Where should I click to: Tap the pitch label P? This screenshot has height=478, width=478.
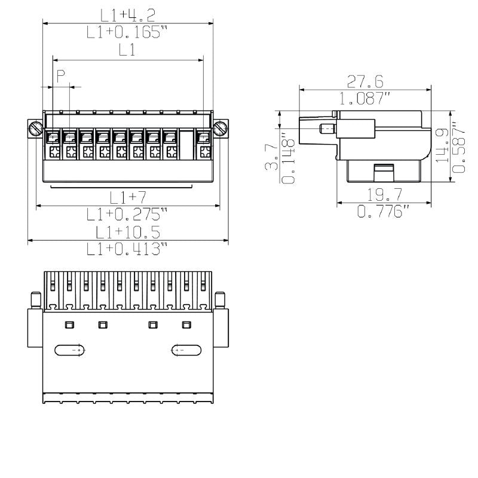pyautogui.click(x=60, y=75)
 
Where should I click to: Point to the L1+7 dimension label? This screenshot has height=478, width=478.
pyautogui.click(x=127, y=197)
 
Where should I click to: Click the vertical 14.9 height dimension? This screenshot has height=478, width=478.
pyautogui.click(x=442, y=145)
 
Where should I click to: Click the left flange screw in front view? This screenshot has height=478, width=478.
pyautogui.click(x=35, y=128)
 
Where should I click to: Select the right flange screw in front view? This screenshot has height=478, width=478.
pyautogui.click(x=220, y=128)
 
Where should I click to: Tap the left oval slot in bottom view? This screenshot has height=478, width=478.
pyautogui.click(x=71, y=350)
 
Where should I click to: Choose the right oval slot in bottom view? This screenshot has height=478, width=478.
pyautogui.click(x=186, y=350)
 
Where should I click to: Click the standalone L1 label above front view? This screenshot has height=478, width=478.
pyautogui.click(x=127, y=51)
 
